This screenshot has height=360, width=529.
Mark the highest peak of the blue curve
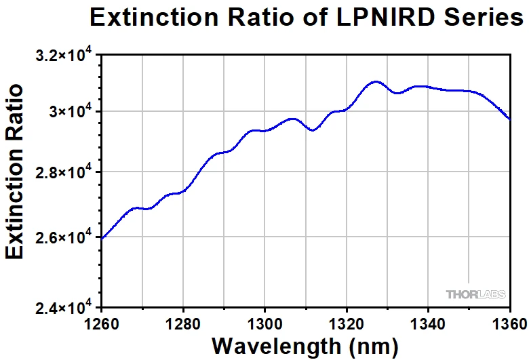tap(375, 81)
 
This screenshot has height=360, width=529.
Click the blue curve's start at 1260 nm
tap(102, 238)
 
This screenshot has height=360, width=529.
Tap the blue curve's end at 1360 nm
tap(510, 119)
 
